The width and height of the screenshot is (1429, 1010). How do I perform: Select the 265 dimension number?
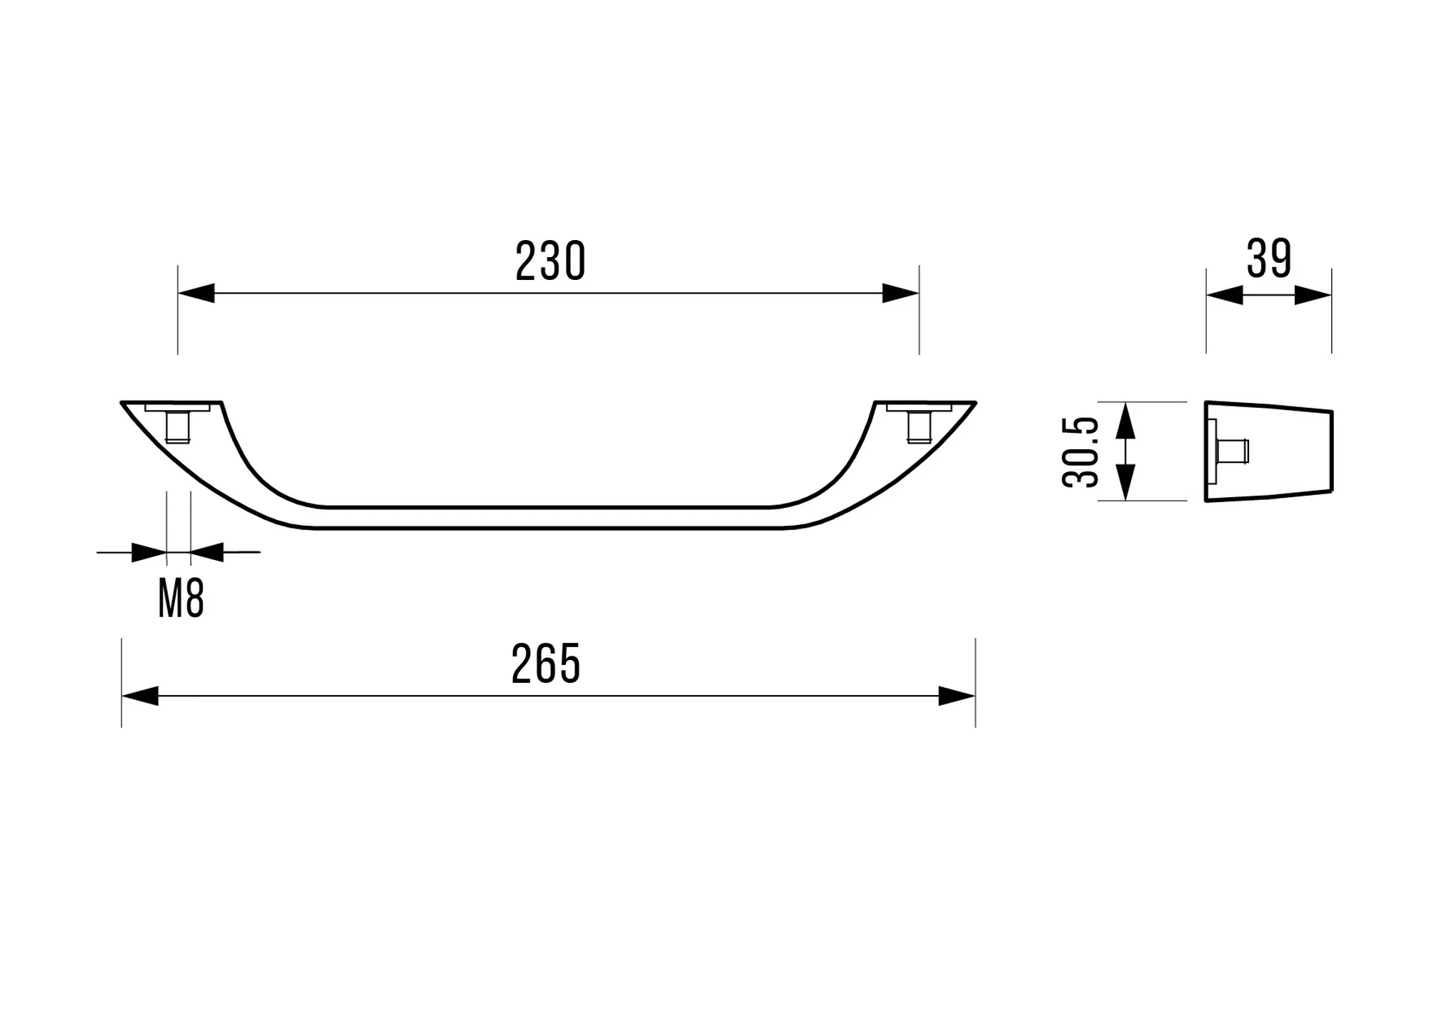coord(546,664)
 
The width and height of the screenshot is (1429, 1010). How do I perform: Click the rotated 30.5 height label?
coord(1080,452)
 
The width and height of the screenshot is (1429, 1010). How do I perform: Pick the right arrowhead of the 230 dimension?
coord(900,293)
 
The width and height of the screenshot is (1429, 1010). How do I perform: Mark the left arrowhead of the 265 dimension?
coord(140,696)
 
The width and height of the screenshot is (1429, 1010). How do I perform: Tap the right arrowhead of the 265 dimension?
coord(957,696)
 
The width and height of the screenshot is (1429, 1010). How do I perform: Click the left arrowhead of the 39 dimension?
coord(1225,295)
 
